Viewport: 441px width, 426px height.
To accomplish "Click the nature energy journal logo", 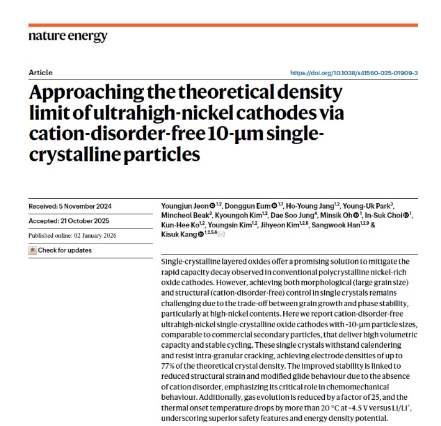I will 68,37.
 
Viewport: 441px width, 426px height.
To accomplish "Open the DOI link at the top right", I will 354,73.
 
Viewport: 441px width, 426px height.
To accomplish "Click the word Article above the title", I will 40,73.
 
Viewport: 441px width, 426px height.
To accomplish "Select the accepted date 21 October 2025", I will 87,221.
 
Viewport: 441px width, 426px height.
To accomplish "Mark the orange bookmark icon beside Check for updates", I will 33,250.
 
